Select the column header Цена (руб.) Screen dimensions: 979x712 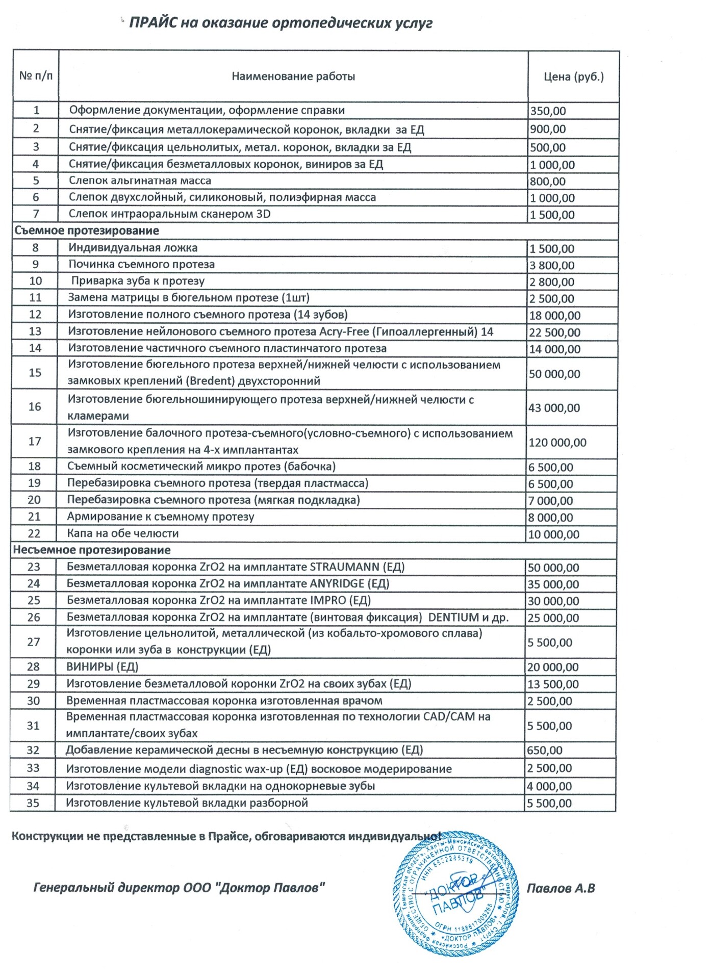click(x=573, y=77)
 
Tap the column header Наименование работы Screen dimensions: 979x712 click(x=293, y=76)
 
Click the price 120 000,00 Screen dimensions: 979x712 click(x=557, y=443)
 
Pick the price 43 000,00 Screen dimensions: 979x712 click(x=554, y=408)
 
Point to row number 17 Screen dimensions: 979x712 click(x=35, y=441)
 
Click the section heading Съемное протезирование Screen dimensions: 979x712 click(x=87, y=230)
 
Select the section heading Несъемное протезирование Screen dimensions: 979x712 click(x=92, y=550)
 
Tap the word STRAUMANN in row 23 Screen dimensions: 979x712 click(x=344, y=567)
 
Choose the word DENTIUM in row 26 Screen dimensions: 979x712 click(x=453, y=617)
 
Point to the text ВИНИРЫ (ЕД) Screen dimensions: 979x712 click(x=102, y=667)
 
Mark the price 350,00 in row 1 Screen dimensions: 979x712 click(x=548, y=111)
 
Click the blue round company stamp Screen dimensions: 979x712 click(x=455, y=894)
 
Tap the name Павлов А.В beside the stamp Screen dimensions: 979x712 click(x=561, y=888)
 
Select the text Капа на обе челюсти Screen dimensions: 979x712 click(x=123, y=533)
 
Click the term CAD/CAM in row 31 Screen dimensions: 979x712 click(x=449, y=717)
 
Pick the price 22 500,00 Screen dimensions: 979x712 click(x=554, y=332)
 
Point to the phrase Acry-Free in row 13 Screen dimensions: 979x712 click(x=344, y=332)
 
